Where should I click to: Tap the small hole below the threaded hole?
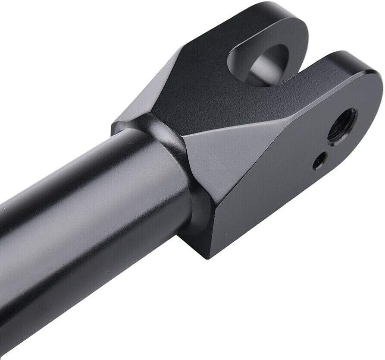click(x=319, y=162)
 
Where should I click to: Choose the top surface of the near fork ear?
click(x=336, y=69)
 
